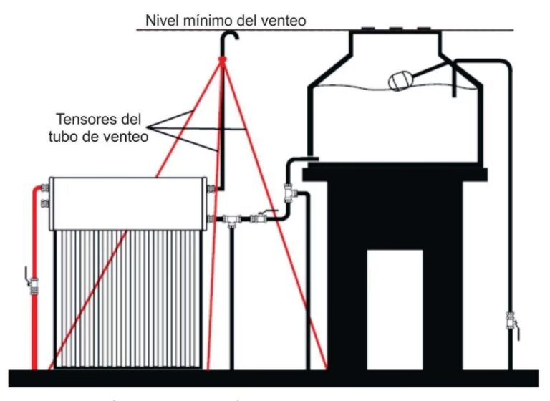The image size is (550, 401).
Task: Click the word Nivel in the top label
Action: [x=162, y=20]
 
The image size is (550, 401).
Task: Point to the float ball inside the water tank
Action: [x=400, y=80]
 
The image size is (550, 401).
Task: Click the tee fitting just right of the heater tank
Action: [x=231, y=219]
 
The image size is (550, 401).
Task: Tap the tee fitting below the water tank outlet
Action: [x=289, y=191]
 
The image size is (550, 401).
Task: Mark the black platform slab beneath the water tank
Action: [x=395, y=174]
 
